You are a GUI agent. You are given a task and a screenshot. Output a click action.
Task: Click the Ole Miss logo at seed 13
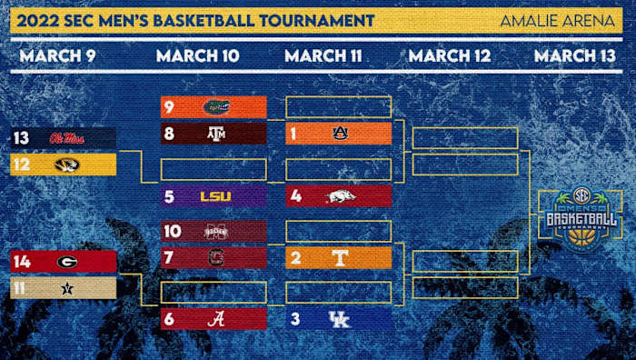(68, 138)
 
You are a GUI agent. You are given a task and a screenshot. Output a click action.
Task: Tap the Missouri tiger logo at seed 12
(66, 165)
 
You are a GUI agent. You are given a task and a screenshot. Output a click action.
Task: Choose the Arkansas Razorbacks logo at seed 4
(341, 195)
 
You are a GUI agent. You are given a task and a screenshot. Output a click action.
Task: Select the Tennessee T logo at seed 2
(341, 258)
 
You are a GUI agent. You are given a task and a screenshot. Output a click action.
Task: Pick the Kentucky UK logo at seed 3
(340, 319)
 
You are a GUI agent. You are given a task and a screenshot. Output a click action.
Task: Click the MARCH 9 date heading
(57, 55)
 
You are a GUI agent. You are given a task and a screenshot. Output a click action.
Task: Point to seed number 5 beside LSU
(169, 195)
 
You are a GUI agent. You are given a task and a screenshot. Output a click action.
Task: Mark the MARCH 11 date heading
(323, 55)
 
